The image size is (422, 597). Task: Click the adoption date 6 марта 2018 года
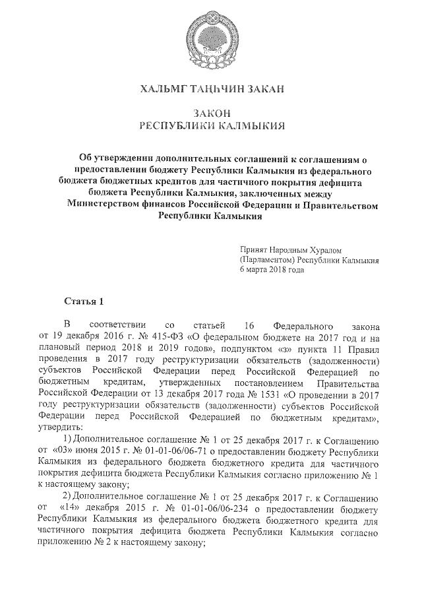[x=272, y=270]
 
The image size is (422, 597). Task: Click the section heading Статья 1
[x=84, y=302]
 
